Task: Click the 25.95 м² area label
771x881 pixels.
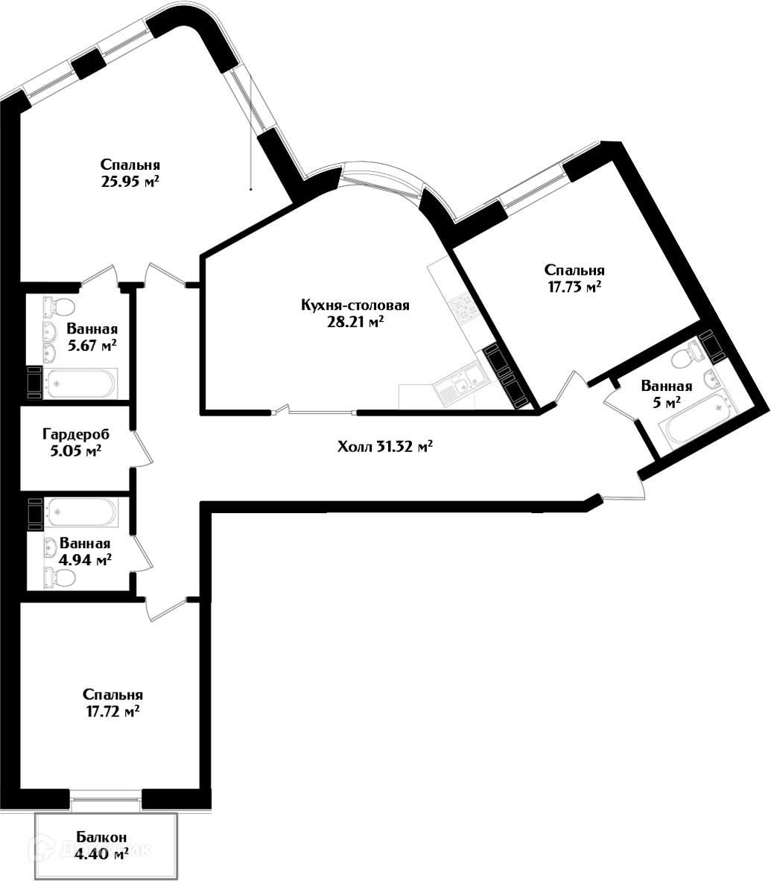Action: click(130, 181)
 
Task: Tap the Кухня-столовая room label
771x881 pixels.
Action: click(355, 305)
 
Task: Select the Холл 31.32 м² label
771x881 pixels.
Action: click(385, 447)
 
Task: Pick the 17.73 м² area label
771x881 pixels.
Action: click(574, 287)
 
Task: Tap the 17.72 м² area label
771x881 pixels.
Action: click(113, 712)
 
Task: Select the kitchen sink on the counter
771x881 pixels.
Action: click(450, 385)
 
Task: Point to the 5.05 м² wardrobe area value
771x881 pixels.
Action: click(72, 451)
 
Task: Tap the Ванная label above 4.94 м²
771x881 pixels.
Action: click(85, 544)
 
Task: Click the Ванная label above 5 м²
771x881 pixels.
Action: click(667, 386)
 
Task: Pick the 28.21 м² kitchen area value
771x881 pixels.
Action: click(355, 322)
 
